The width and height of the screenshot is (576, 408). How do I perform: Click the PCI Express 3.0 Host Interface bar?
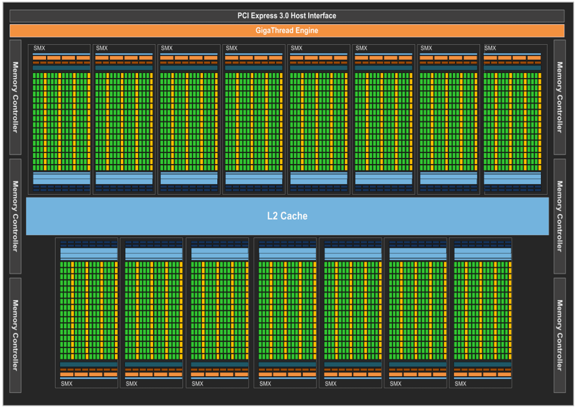pos(287,16)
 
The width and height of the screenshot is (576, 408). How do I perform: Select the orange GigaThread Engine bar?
pos(287,30)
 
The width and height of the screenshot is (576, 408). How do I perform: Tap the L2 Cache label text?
pos(287,216)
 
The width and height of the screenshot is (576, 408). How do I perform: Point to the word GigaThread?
pos(276,30)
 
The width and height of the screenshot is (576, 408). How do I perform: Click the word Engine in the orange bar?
pos(307,30)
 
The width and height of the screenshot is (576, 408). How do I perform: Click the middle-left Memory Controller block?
pos(15,216)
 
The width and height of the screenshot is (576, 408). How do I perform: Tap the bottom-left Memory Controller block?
pos(15,335)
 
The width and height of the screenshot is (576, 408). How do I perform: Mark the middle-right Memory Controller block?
pos(559,216)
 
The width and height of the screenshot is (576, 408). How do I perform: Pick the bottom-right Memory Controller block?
pos(559,335)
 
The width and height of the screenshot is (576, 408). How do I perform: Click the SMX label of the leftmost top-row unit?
pos(39,48)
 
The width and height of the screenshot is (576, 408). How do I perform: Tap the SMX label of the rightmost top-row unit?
pos(490,48)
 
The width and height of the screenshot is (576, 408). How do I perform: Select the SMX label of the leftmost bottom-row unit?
pos(66,384)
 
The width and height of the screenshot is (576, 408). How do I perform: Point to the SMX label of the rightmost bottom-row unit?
pos(460,384)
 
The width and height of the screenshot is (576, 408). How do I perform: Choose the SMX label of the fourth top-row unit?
pos(232,48)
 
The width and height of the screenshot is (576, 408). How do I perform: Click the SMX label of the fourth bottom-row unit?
pos(265,384)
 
